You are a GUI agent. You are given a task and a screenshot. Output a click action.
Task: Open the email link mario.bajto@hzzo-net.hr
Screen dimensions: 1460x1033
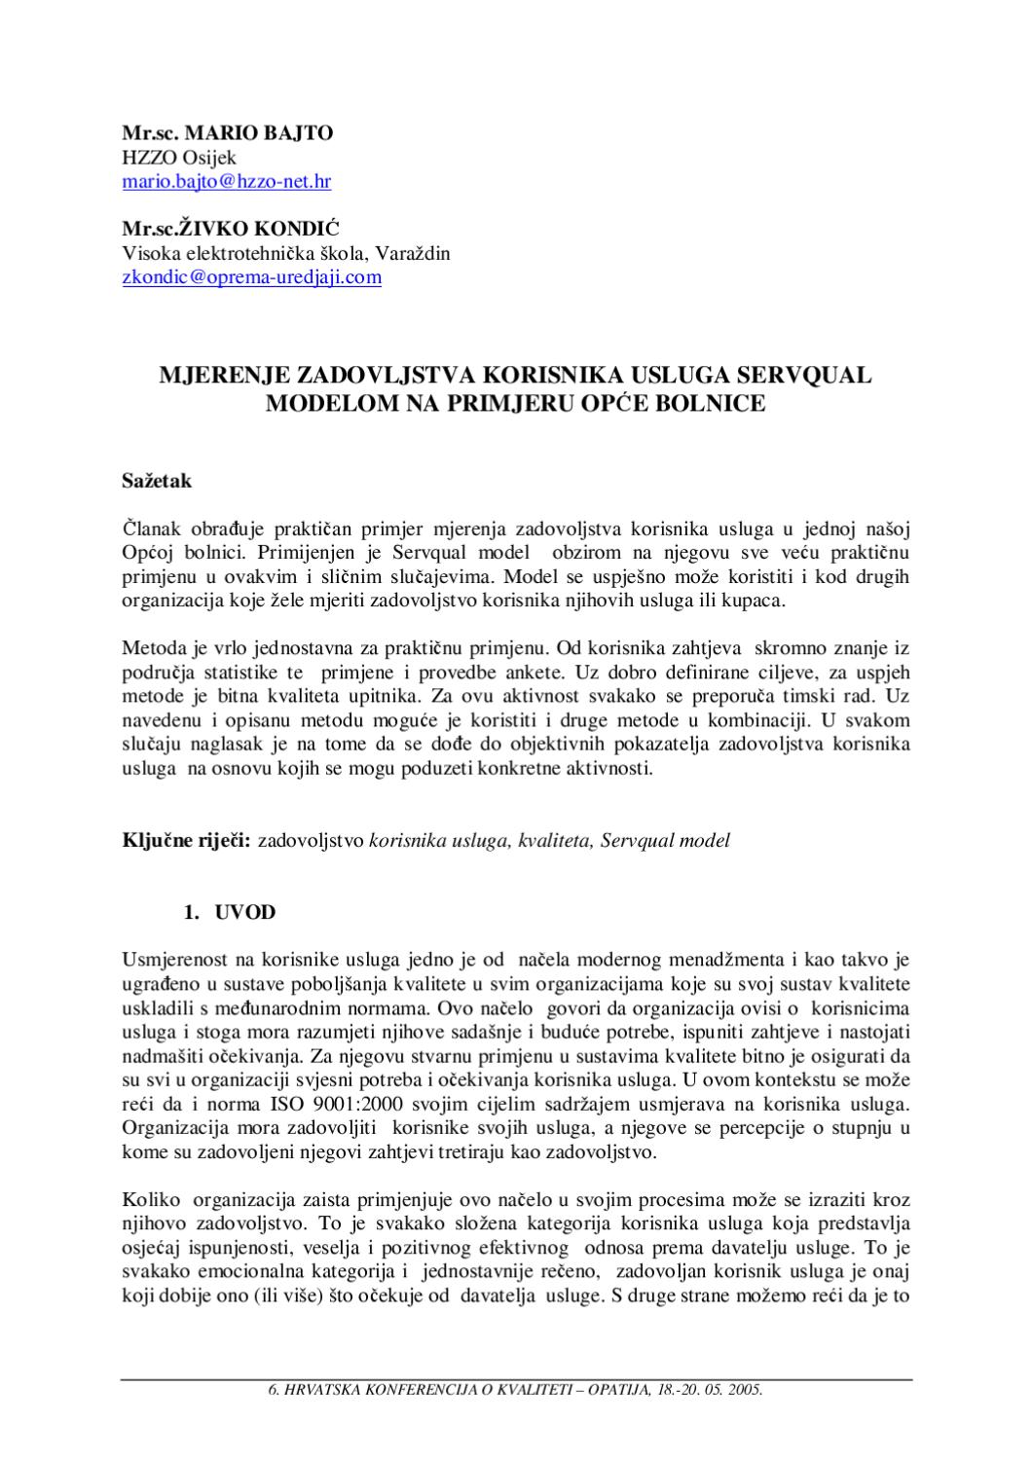tap(226, 181)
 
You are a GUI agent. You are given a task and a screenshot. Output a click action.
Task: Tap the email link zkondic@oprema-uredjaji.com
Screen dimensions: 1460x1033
tap(251, 277)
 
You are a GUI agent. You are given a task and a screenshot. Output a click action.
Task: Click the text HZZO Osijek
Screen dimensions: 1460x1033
tap(179, 157)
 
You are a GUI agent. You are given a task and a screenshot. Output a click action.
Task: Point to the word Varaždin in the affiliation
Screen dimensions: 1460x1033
tap(416, 253)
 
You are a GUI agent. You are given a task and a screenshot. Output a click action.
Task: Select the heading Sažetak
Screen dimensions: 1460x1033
tap(157, 480)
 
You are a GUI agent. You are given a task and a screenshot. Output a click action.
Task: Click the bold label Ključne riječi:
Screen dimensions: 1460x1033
tap(187, 840)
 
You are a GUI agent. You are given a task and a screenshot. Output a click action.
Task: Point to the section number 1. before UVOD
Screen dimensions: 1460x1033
tap(192, 912)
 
